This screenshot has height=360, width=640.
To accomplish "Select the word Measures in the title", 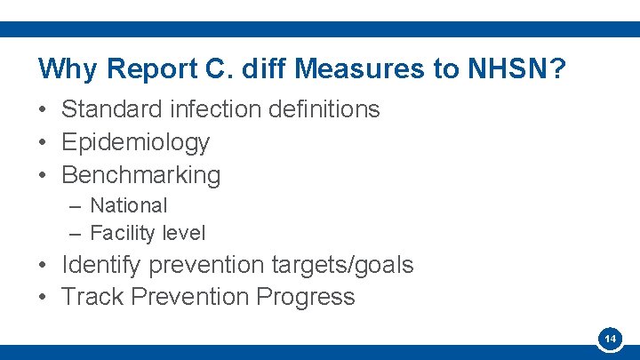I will tap(341, 68).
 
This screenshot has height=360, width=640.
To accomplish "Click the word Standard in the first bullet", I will tap(112, 109).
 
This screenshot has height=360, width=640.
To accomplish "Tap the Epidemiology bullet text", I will tap(135, 142).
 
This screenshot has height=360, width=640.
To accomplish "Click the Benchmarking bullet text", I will tap(140, 175).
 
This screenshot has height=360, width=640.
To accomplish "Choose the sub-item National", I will tap(128, 205).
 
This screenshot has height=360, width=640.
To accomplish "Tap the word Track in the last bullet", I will tap(92, 297).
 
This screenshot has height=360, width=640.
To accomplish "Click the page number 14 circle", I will tap(610, 340).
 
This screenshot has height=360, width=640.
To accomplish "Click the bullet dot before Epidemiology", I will tap(43, 143).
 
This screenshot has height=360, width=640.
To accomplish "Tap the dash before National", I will tap(76, 206).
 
